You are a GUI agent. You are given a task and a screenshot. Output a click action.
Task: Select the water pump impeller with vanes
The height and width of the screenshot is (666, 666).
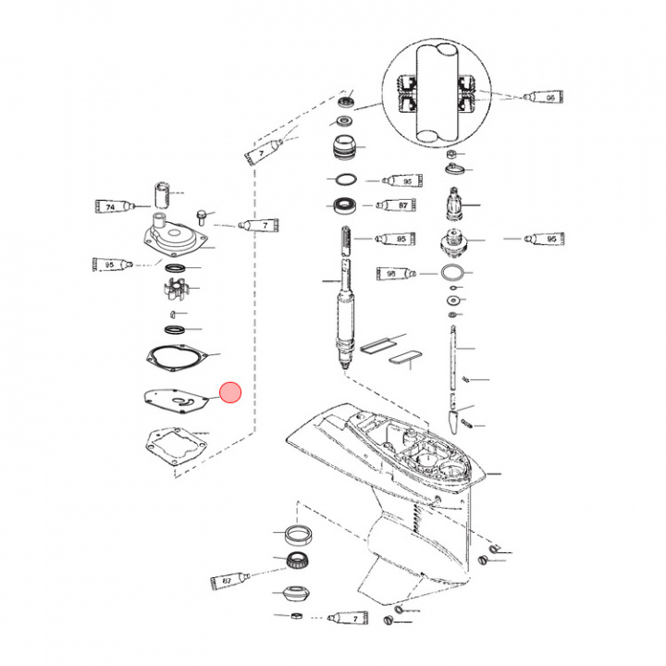pyautogui.click(x=174, y=285)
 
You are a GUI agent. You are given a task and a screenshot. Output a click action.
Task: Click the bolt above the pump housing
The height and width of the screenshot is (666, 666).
pyautogui.click(x=201, y=215)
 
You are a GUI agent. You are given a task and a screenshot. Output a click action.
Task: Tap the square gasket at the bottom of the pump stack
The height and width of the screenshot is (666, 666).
pyautogui.click(x=172, y=446)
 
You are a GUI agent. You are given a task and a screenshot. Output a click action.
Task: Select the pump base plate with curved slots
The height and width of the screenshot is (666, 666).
pyautogui.click(x=175, y=401)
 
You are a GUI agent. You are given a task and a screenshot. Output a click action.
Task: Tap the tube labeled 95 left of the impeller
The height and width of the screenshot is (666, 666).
pyautogui.click(x=114, y=265)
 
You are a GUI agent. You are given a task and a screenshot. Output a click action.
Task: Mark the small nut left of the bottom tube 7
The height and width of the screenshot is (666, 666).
pyautogui.click(x=296, y=617)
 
